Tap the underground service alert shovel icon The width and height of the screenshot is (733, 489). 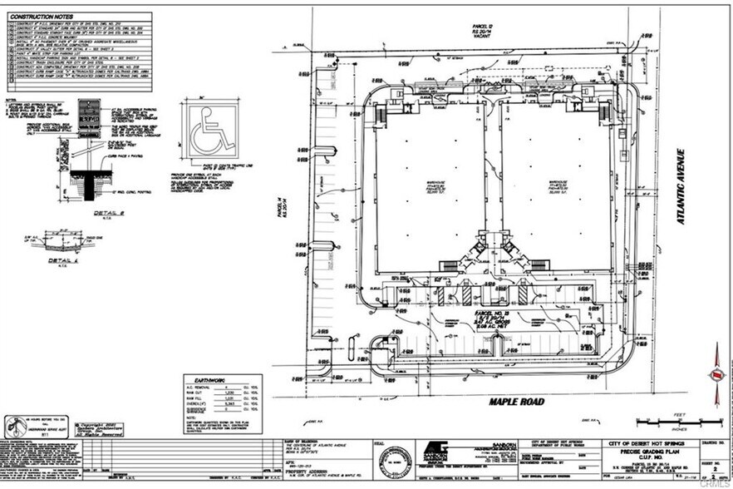[13, 427]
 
